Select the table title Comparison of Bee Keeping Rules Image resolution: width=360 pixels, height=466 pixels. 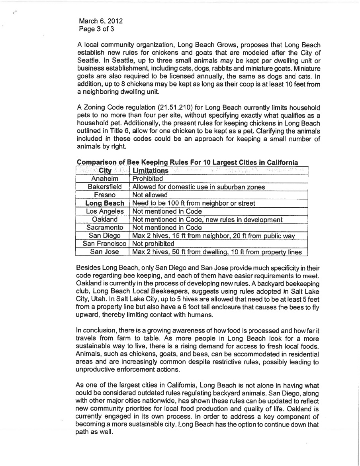[187, 163]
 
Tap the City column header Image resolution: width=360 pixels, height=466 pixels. [102, 171]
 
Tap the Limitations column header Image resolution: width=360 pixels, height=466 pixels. [150, 171]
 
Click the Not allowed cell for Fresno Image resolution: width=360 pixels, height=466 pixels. [150, 195]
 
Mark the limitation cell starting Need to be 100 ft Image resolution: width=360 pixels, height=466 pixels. [194, 203]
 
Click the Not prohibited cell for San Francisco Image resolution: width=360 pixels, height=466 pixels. [153, 244]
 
